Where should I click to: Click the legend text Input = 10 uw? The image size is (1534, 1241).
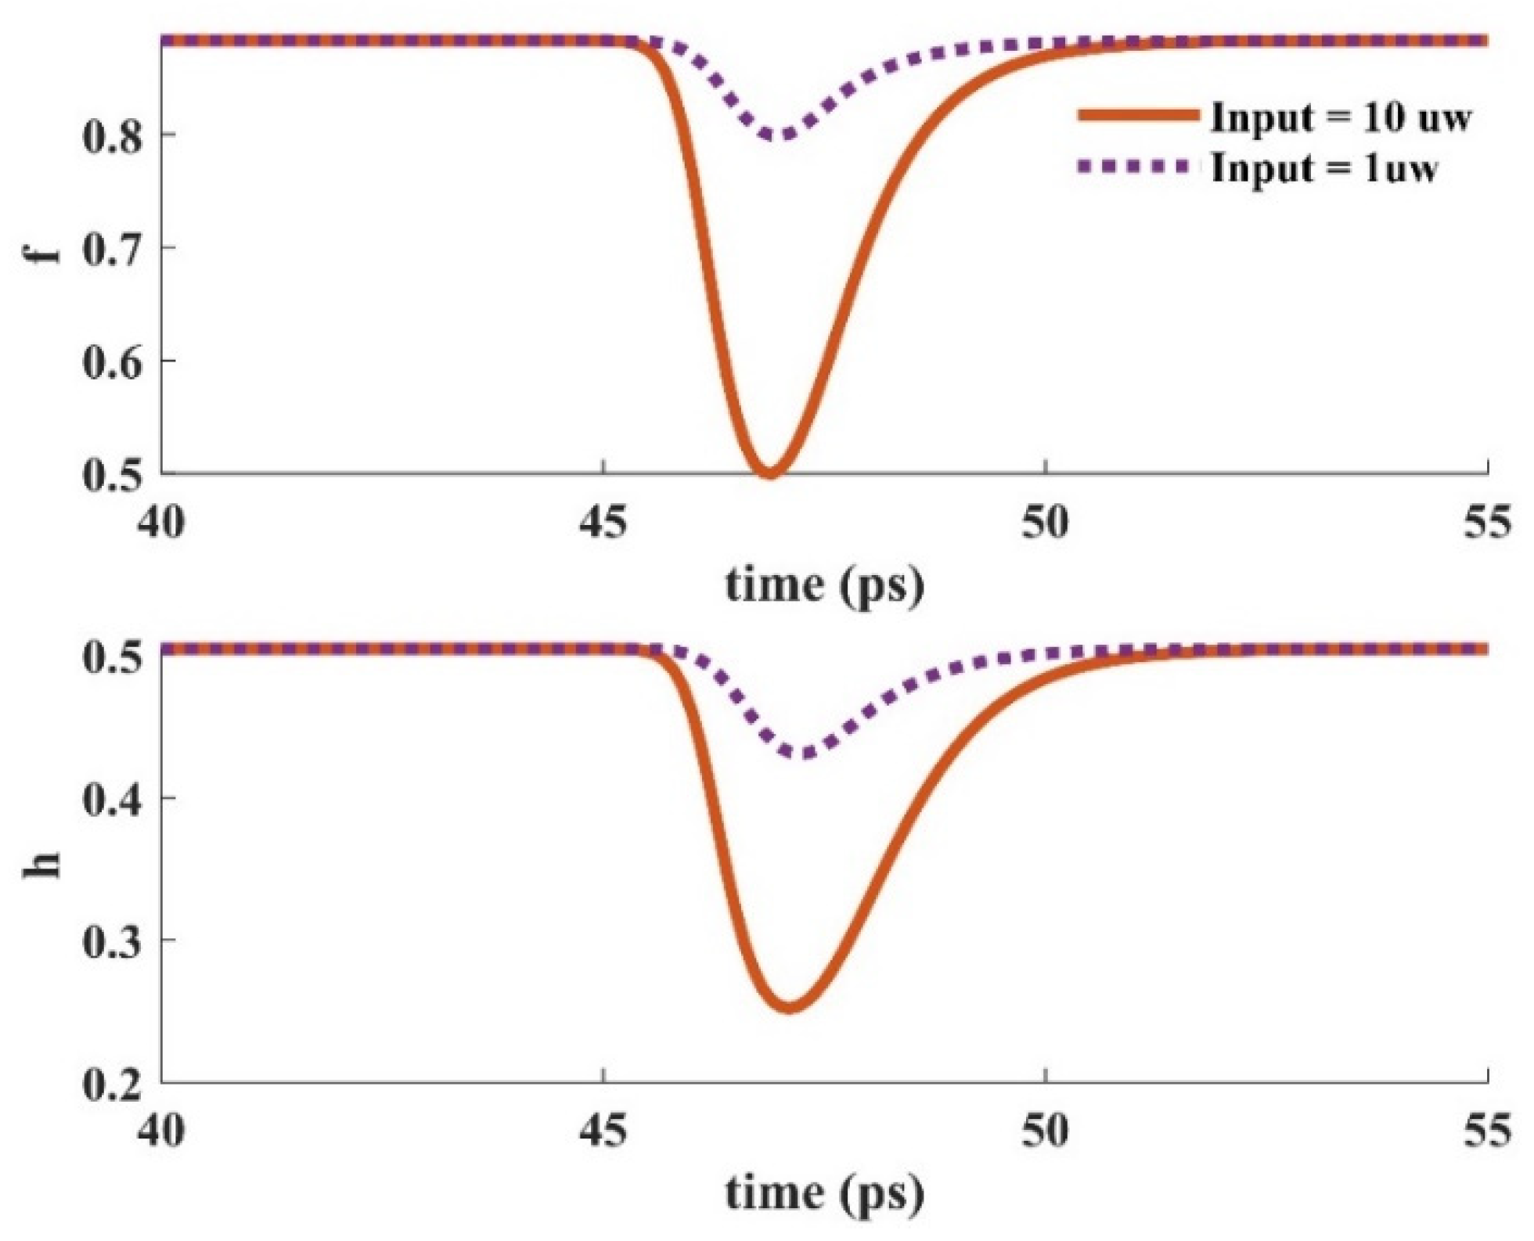(1341, 118)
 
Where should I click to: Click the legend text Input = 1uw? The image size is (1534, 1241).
(1324, 168)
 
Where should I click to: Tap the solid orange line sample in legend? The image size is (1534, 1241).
(1139, 116)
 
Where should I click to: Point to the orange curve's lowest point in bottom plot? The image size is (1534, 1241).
(790, 1006)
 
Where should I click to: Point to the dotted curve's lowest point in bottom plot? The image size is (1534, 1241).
(803, 754)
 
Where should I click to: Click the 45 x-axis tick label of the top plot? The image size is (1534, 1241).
(603, 522)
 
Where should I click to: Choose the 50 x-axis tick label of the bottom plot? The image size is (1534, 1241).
(1046, 1131)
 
